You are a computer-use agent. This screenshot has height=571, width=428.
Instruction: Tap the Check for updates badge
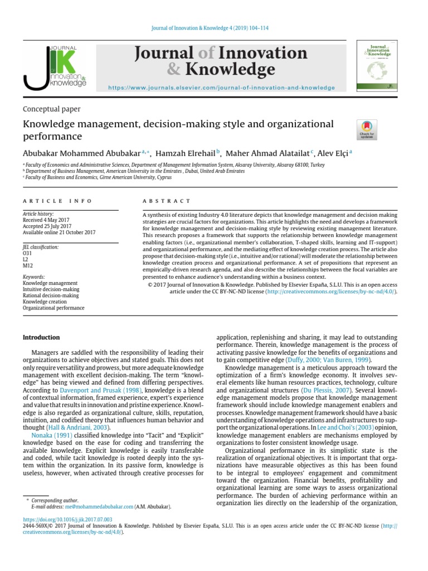coord(367,129)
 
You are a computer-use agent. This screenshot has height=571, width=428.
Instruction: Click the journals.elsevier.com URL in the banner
coord(221,88)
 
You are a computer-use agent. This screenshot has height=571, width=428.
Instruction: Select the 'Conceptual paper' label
coord(51,109)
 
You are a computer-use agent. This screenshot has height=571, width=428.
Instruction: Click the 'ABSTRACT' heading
coord(167,201)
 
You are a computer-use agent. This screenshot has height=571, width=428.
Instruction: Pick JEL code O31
coord(27,253)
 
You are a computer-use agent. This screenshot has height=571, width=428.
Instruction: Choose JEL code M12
coord(28,265)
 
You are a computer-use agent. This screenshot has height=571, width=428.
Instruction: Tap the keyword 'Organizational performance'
coord(53,307)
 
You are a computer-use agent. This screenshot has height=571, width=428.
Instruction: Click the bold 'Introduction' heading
coord(41,337)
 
